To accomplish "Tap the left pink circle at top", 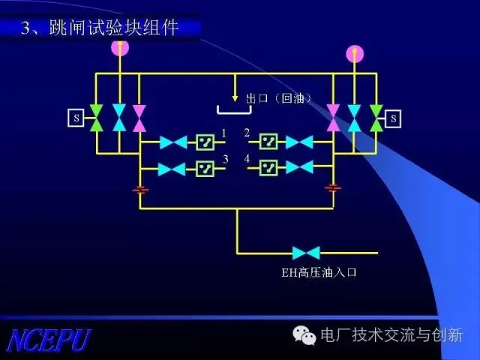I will tap(119, 47).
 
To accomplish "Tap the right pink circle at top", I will tap(355, 53).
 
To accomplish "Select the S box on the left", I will tap(76, 118).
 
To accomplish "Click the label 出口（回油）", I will tap(279, 98).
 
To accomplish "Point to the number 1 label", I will tap(223, 133).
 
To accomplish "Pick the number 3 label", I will tap(225, 159).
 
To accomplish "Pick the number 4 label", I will tap(247, 159).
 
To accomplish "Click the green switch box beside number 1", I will tap(205, 142).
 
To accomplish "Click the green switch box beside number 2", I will tap(268, 142).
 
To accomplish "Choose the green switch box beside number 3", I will tap(205, 168).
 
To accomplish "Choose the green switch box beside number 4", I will tap(268, 168).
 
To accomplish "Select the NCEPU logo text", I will tap(49, 340).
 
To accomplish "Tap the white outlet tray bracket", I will tap(235, 112).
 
